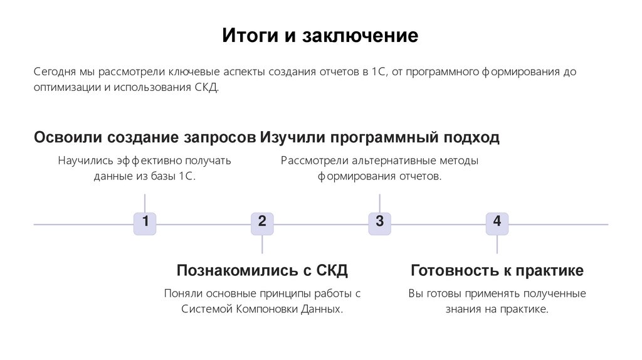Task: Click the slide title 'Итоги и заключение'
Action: click(320, 35)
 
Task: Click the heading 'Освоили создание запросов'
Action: click(145, 137)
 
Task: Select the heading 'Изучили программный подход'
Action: click(380, 137)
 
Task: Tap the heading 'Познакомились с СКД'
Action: click(262, 270)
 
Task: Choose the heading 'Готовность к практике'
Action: click(497, 270)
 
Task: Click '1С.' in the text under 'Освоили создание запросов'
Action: click(187, 176)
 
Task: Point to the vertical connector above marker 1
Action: click(145, 203)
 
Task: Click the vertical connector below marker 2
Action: click(262, 244)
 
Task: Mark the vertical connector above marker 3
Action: click(379, 203)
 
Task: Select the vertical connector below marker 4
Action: click(497, 244)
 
